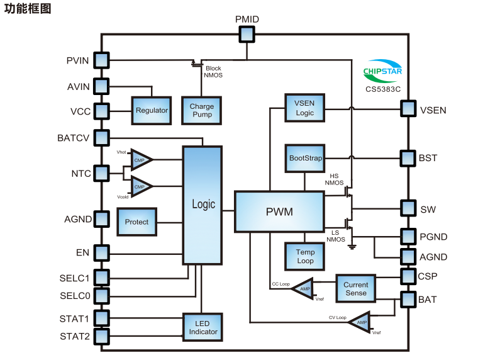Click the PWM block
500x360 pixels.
(279, 211)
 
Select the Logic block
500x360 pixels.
(202, 205)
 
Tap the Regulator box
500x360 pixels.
(152, 111)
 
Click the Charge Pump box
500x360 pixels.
(201, 111)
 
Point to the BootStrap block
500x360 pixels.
(305, 158)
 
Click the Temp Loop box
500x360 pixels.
(305, 256)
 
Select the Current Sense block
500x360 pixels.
(355, 289)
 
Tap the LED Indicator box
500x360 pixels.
(203, 327)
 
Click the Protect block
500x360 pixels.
(136, 222)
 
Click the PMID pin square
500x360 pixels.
(247, 35)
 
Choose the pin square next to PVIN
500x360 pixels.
(101, 60)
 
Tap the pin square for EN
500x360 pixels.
(101, 253)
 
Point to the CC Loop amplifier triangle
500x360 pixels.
(303, 289)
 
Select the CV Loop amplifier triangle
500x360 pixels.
(360, 322)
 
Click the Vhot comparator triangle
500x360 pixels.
(142, 159)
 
